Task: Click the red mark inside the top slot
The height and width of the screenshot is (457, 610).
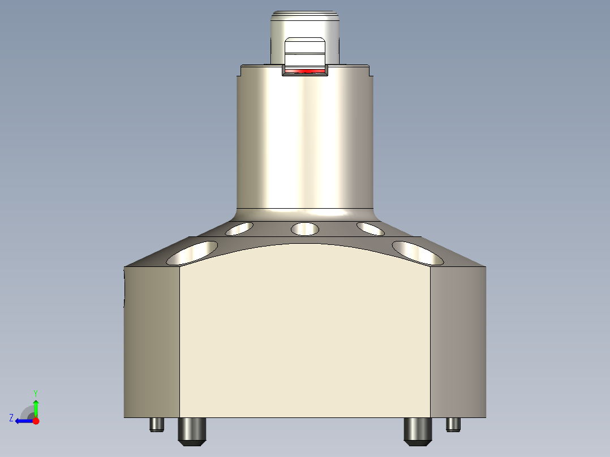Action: pos(305,71)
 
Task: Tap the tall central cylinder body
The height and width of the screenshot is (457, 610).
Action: pos(304,141)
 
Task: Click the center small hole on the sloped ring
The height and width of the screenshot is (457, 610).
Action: pos(304,228)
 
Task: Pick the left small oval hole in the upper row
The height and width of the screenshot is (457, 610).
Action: pos(239,228)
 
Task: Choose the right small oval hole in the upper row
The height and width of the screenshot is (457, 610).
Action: pos(371,228)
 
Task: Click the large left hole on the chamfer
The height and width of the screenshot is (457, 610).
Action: pos(192,253)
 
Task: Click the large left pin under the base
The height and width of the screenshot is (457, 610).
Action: pos(192,430)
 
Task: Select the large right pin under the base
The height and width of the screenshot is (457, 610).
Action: pos(418,430)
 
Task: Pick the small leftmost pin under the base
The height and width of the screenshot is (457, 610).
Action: pos(157,424)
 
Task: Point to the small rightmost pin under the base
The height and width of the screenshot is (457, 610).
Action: pos(453,424)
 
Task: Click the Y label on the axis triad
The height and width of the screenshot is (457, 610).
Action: pos(35,393)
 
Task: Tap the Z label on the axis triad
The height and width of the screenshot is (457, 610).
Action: pos(11,417)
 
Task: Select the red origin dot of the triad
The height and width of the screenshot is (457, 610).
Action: pos(36,421)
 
